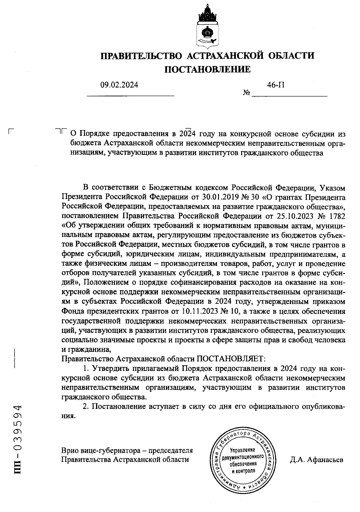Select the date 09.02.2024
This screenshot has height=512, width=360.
119,85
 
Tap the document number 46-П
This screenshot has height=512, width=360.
276,85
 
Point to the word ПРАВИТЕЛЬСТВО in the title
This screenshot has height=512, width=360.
141,56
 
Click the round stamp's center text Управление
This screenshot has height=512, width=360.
242,450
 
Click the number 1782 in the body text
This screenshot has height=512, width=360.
337,216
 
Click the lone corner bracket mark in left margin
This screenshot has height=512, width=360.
11,131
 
